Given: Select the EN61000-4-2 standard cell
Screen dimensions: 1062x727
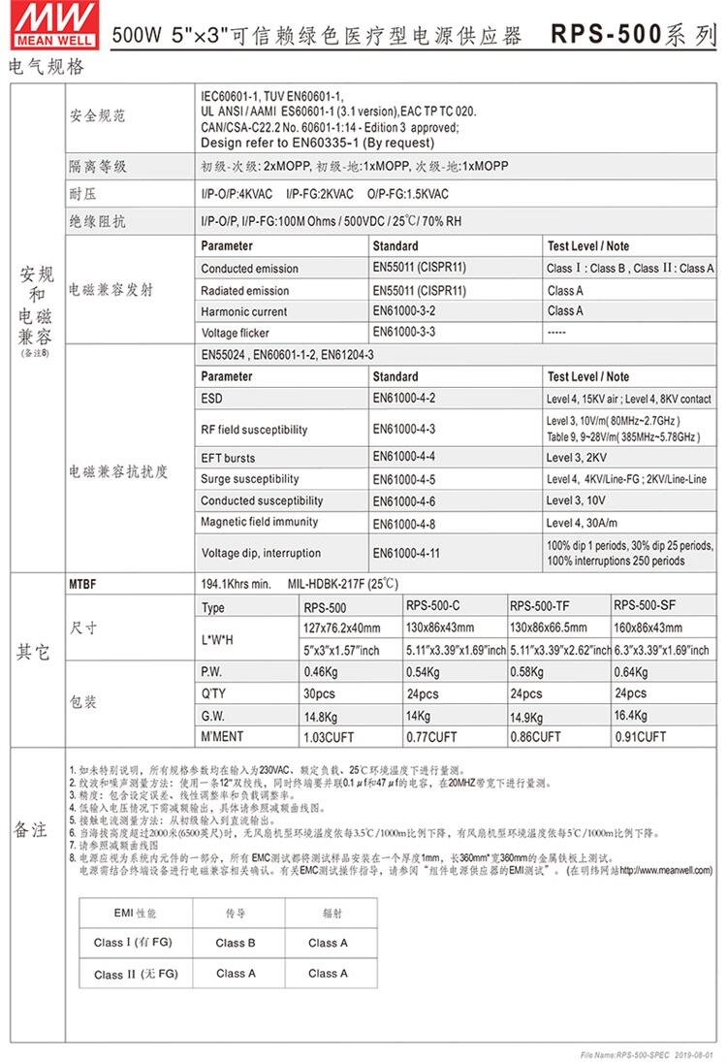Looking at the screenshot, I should click(404, 399).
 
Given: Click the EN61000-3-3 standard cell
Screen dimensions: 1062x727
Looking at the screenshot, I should click(404, 332).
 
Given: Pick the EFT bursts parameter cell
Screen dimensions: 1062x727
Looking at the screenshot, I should click(229, 457).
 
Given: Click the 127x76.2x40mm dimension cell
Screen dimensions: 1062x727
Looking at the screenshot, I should click(342, 628).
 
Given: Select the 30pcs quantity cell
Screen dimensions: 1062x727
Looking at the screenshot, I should click(320, 693).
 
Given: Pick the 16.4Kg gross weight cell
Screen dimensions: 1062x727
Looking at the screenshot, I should click(631, 715).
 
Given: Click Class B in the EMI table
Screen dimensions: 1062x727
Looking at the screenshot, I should click(236, 943).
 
